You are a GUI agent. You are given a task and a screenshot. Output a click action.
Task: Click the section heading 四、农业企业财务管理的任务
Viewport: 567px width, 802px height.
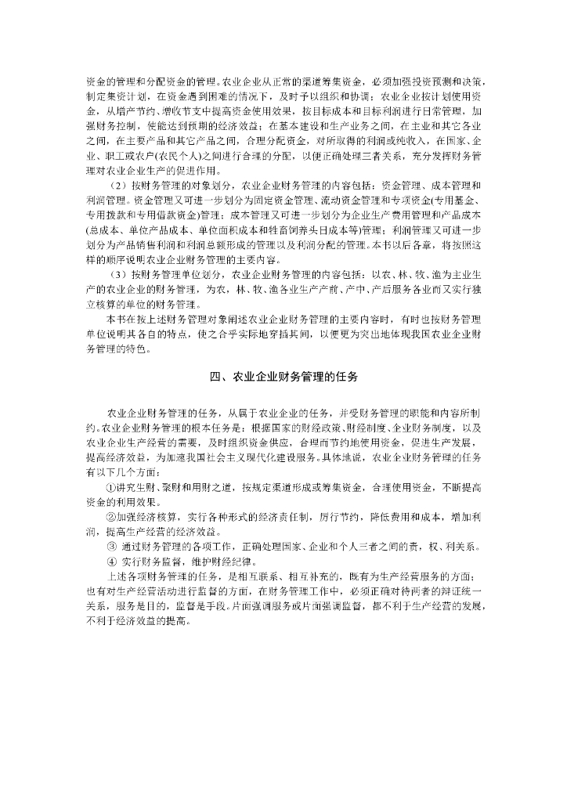coord(283,377)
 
